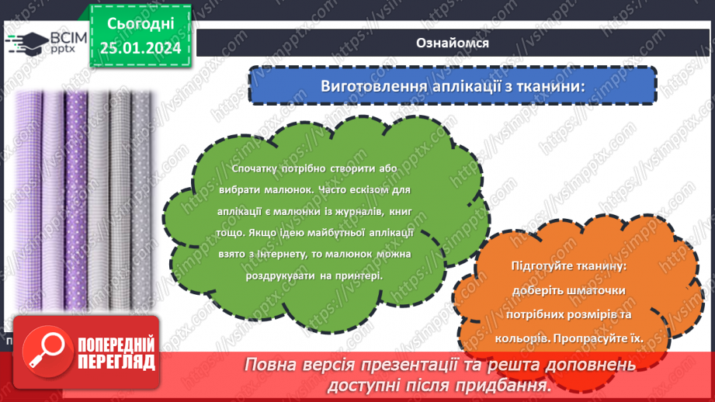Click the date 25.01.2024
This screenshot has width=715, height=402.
point(140,48)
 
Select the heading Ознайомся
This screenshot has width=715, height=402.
point(453,43)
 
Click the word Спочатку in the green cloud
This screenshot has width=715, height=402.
point(253,168)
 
